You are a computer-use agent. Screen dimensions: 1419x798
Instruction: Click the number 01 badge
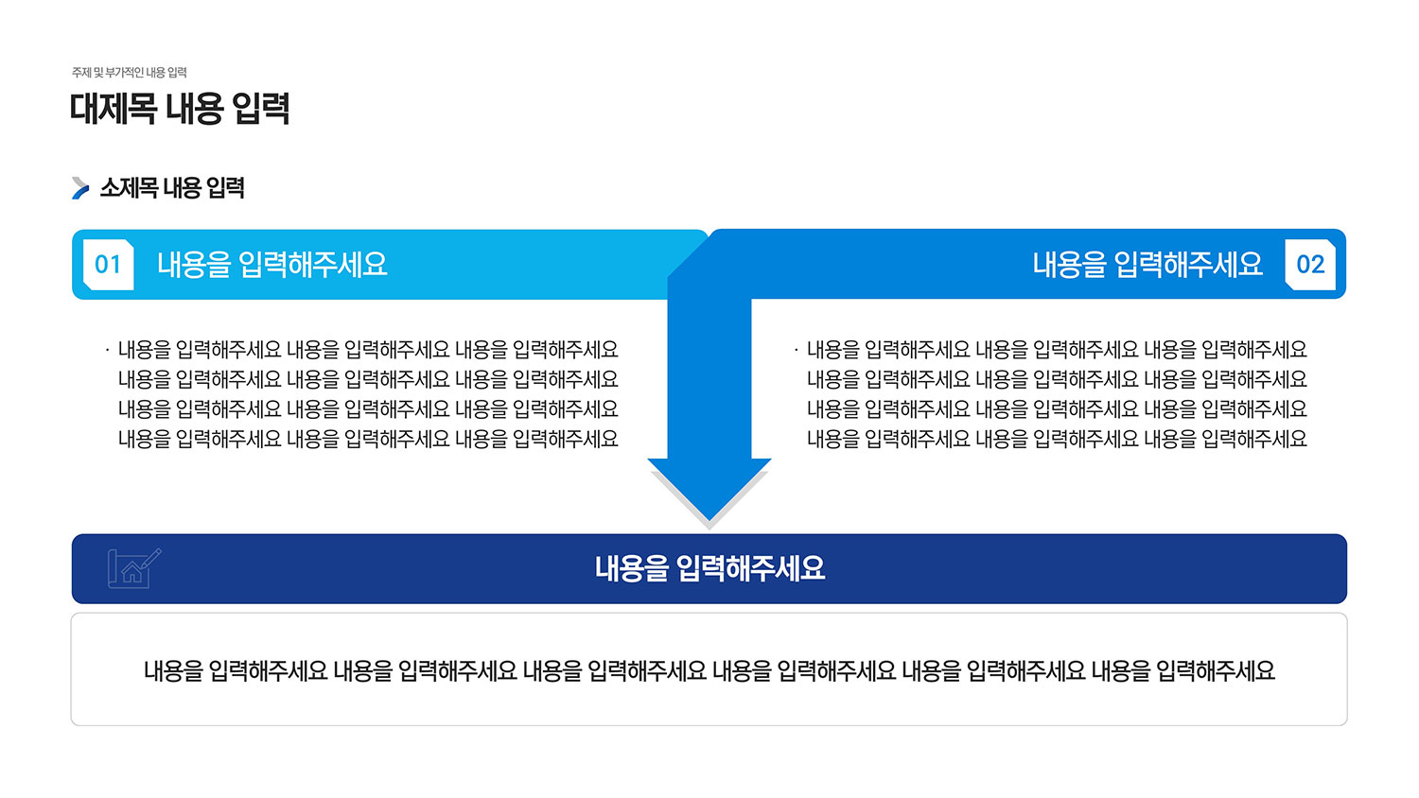pyautogui.click(x=109, y=265)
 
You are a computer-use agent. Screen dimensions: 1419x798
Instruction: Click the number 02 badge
pyautogui.click(x=1310, y=265)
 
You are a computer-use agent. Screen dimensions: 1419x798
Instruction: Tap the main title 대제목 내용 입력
pyautogui.click(x=180, y=109)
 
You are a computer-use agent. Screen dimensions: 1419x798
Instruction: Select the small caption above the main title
pyautogui.click(x=130, y=72)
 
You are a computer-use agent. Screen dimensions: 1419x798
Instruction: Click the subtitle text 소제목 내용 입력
pyautogui.click(x=172, y=188)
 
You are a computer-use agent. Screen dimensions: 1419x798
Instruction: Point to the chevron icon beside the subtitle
pyautogui.click(x=80, y=188)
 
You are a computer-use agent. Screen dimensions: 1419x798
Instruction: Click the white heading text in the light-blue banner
pyautogui.click(x=272, y=265)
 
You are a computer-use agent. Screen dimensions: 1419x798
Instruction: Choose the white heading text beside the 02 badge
pyautogui.click(x=1147, y=265)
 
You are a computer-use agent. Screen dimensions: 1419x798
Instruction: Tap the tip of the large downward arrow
pyautogui.click(x=709, y=521)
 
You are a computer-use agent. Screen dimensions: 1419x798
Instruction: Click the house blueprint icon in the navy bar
pyautogui.click(x=134, y=568)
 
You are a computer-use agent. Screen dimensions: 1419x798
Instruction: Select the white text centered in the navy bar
pyautogui.click(x=709, y=568)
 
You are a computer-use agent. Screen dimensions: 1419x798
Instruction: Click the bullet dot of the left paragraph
pyautogui.click(x=108, y=349)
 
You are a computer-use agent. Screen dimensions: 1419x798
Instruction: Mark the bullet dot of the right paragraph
pyautogui.click(x=797, y=349)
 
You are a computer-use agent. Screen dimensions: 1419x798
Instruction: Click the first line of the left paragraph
pyautogui.click(x=368, y=350)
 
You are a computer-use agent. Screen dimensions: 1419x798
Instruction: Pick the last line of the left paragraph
pyautogui.click(x=368, y=439)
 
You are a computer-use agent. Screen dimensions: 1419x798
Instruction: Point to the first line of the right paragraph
pyautogui.click(x=1057, y=350)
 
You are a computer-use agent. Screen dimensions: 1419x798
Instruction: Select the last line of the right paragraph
pyautogui.click(x=1057, y=439)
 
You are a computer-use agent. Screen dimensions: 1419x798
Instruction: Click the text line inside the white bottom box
pyautogui.click(x=709, y=670)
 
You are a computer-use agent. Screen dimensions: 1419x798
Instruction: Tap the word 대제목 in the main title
pyautogui.click(x=114, y=109)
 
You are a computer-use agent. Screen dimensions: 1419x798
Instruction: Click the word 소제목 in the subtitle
pyautogui.click(x=129, y=188)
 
